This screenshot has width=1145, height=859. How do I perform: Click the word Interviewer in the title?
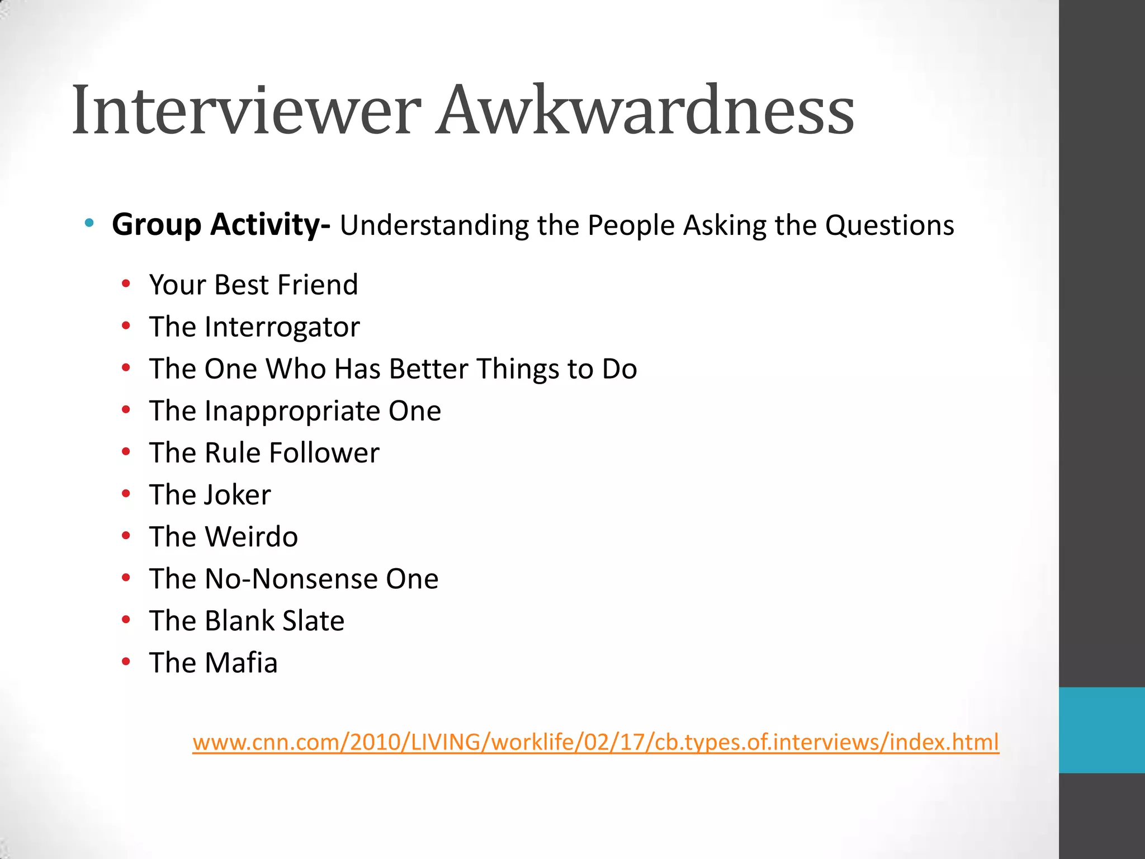pos(246,110)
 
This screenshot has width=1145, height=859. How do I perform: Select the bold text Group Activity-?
pos(221,225)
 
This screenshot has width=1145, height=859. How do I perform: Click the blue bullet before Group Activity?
pos(89,224)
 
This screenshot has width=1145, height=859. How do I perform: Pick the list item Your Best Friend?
pos(253,285)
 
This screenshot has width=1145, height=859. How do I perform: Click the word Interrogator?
pos(282,327)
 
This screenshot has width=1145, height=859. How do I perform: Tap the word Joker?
pos(238,495)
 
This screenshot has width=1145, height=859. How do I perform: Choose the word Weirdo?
pos(252,537)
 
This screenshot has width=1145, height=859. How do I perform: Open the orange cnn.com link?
pos(595,743)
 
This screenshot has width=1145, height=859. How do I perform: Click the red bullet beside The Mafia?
pos(126,662)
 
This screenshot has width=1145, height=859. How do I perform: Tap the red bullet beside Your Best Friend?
pos(126,284)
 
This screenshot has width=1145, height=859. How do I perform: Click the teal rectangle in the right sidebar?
pos(1101,730)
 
